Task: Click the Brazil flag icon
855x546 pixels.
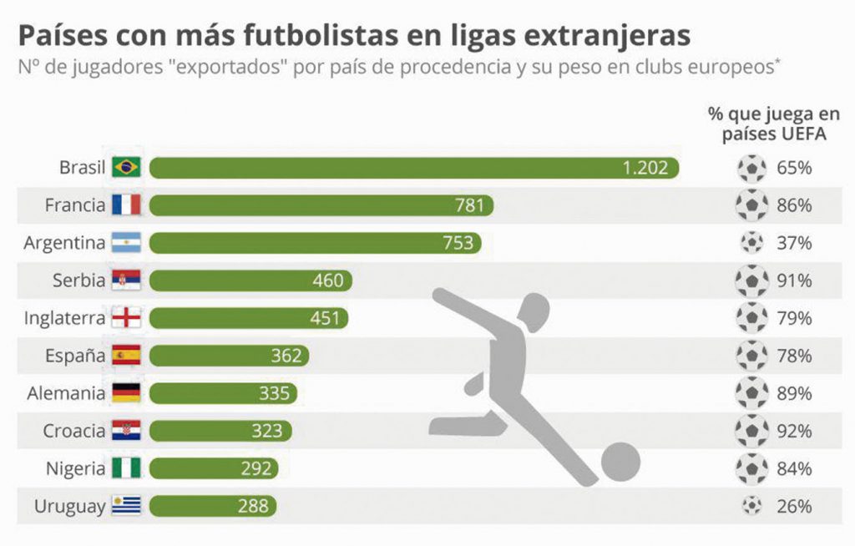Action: [x=127, y=167]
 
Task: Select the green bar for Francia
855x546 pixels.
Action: [x=321, y=205]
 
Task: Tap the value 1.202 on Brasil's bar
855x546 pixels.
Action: [x=645, y=168]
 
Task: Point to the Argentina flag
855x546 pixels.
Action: [x=127, y=242]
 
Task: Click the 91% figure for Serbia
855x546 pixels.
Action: [x=794, y=281]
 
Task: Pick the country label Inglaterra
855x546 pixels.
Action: [x=64, y=317]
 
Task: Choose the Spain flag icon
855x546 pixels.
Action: [x=127, y=355]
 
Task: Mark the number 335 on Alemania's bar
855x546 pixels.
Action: [x=274, y=393]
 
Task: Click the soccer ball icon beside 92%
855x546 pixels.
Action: [x=752, y=431]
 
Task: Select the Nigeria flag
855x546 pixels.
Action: [x=127, y=468]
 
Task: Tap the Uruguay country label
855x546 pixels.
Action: [x=69, y=507]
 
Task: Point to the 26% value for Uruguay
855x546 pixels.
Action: [x=794, y=506]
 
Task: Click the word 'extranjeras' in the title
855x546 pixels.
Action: [x=607, y=35]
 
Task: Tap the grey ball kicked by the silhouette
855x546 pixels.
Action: [x=620, y=462]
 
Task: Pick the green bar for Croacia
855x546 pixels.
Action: [x=220, y=431]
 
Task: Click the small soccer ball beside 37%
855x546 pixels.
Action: [x=752, y=242]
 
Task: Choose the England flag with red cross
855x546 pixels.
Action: [x=127, y=317]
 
